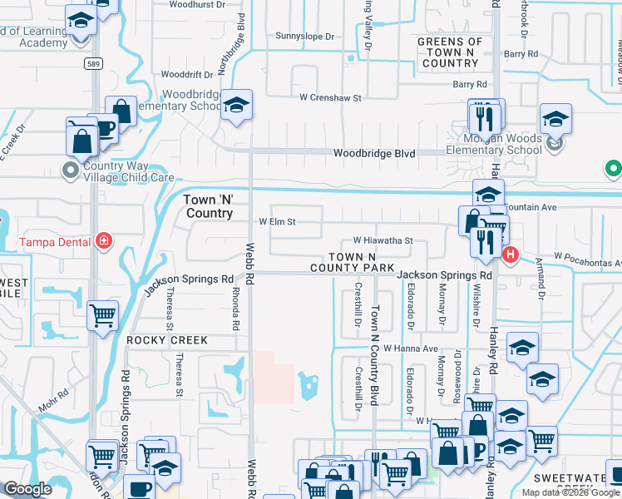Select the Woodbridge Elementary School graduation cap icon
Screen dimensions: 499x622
(238, 105)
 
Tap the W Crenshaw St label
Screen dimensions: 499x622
(331, 97)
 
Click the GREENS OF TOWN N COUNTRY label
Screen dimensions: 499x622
(450, 52)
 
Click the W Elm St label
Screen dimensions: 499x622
(277, 222)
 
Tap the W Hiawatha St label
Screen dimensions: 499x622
(383, 240)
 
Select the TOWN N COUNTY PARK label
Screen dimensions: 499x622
(352, 263)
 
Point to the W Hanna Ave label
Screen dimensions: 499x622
(410, 349)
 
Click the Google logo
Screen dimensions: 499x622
(27, 489)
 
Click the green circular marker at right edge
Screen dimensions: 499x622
(614, 170)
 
